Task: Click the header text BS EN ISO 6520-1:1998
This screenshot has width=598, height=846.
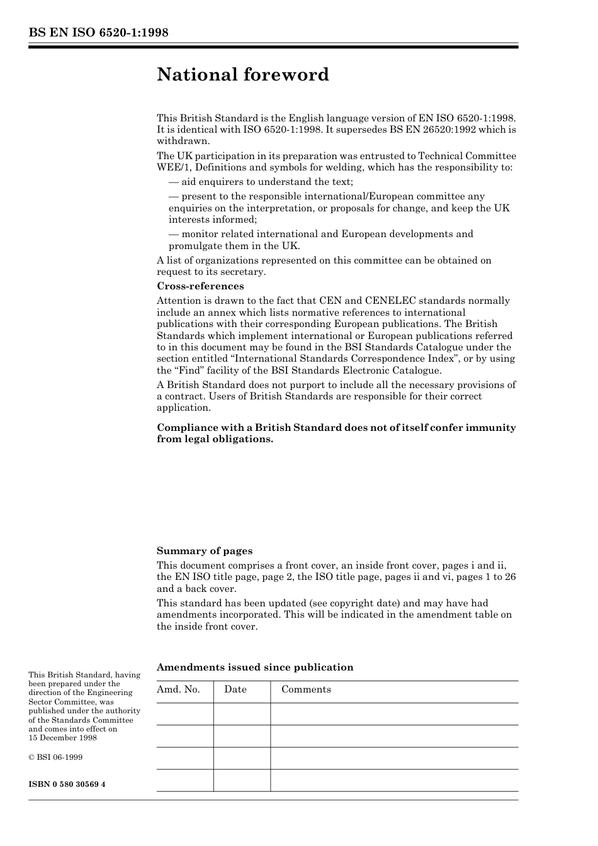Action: [x=98, y=33]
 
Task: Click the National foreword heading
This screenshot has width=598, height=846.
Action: [x=243, y=75]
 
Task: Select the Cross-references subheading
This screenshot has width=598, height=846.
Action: [x=191, y=286]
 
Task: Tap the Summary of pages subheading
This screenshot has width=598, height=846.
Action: [x=205, y=551]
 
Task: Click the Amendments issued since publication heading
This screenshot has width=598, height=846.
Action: [x=255, y=667]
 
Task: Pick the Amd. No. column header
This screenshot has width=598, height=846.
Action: [x=178, y=689]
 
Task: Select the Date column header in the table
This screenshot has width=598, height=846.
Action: [x=235, y=689]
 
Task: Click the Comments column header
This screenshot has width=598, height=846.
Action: [x=306, y=689]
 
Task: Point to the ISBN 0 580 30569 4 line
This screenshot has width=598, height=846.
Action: [x=67, y=784]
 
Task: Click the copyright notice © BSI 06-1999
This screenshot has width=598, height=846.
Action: [x=55, y=757]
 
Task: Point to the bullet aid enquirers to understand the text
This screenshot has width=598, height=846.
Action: [x=261, y=182]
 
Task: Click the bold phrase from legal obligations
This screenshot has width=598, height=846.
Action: [x=215, y=439]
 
